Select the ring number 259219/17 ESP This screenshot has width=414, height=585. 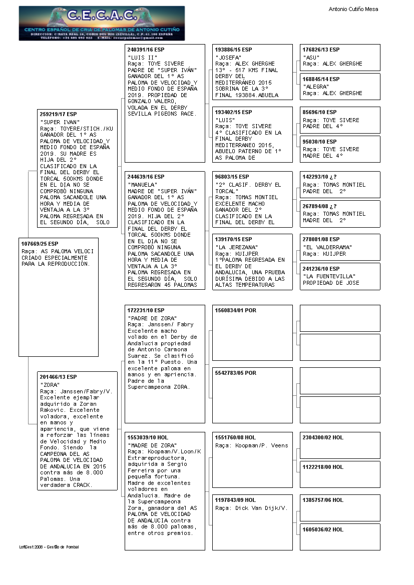coord(59,114)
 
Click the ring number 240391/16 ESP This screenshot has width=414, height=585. coord(146,50)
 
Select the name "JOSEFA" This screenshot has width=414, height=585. coord(228,58)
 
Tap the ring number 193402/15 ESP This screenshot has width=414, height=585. coord(233,112)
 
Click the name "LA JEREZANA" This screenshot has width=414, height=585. coord(236,247)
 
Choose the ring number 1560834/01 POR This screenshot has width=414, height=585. coord(235,311)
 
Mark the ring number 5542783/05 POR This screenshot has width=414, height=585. coord(235,373)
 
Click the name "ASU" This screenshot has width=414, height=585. coord(311,58)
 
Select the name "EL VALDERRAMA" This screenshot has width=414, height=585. coord(327,247)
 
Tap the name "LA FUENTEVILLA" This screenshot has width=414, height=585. coord(329,276)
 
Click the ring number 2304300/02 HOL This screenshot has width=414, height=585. coord(323,437)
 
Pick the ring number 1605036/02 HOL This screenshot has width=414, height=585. coord(323,529)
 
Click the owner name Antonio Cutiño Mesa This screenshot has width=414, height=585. coord(353,9)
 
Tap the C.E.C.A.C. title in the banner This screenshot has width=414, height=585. coord(102,16)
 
